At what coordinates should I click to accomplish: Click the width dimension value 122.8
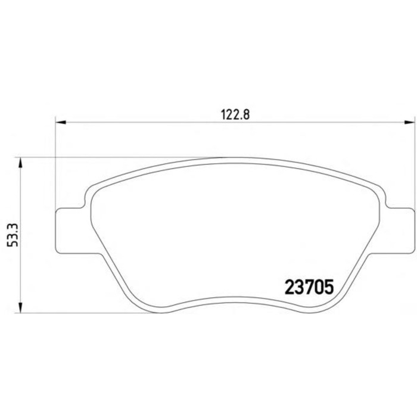tap(235, 115)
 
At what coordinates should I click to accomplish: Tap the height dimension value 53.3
tap(13, 236)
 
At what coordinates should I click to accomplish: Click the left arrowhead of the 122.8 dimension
tap(60, 122)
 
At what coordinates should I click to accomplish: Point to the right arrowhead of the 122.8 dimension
tap(409, 122)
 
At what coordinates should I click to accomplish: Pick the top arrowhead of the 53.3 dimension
tap(20, 163)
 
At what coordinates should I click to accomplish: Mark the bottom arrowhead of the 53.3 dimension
tap(20, 307)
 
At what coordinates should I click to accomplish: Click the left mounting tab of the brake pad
tap(70, 231)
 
